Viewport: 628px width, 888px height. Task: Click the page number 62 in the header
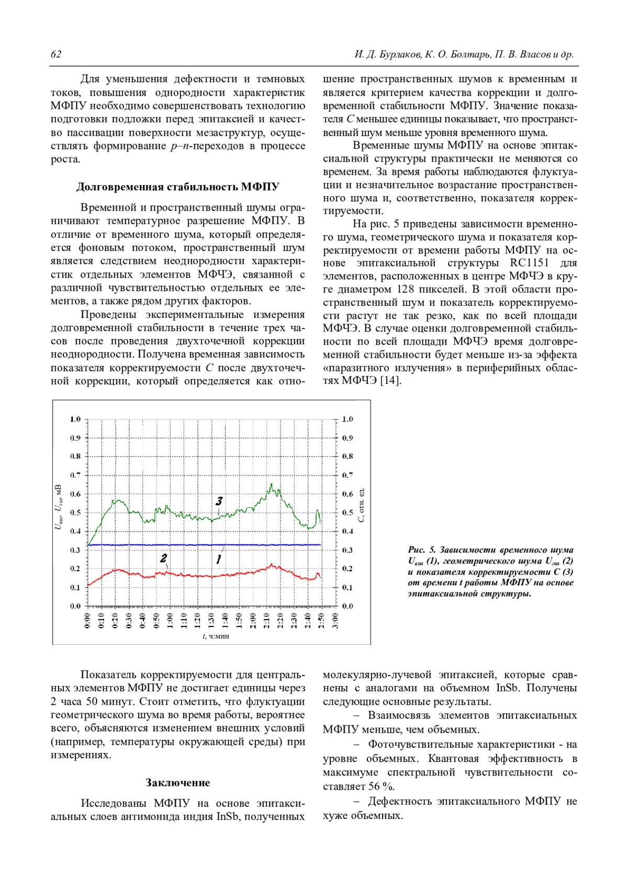point(56,54)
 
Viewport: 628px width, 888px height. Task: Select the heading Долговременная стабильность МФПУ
point(177,187)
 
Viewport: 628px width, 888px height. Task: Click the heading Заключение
point(177,782)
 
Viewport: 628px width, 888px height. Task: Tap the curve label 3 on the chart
point(219,501)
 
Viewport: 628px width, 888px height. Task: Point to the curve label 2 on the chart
point(163,559)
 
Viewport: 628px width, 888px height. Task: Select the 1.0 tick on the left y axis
point(75,419)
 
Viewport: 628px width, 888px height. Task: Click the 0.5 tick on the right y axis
point(347,513)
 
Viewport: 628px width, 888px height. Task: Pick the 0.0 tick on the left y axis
point(75,606)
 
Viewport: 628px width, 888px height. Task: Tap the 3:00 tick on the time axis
point(335,621)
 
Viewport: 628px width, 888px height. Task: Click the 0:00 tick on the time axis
point(87,621)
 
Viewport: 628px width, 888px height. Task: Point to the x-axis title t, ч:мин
point(216,636)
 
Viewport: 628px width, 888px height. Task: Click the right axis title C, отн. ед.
point(361,505)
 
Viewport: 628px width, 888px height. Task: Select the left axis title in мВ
point(59,507)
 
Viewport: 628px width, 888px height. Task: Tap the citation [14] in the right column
point(391,381)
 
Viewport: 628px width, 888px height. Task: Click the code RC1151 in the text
point(529,263)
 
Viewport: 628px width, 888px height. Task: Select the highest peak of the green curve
point(271,484)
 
